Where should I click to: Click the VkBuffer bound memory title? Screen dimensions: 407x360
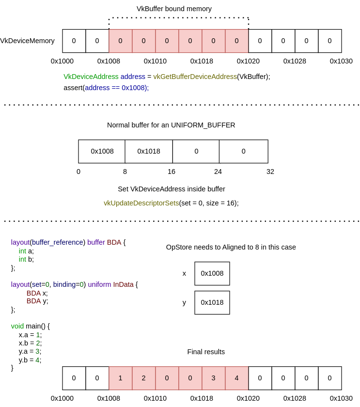coord(174,9)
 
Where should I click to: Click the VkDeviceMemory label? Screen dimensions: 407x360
coord(27,41)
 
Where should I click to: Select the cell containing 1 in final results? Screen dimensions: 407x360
coord(121,378)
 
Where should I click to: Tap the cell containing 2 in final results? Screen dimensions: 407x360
coord(144,378)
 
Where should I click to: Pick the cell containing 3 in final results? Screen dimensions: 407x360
coord(214,378)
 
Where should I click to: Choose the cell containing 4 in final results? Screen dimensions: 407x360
coord(237,378)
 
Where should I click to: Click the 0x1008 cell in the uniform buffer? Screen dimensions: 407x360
coord(102,151)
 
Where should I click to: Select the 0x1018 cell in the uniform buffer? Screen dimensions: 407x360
coord(149,151)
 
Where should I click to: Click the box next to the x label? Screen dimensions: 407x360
coord(212,273)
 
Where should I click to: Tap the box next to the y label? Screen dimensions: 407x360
coord(212,302)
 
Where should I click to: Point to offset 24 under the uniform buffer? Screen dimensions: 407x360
coord(218,172)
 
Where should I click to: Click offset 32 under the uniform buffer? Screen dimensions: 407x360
coord(270,172)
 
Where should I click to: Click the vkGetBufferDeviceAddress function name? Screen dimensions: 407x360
coord(195,77)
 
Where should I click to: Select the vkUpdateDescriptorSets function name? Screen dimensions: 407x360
coord(141,203)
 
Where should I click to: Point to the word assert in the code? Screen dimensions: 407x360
coord(73,88)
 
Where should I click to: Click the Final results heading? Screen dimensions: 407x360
coord(206,352)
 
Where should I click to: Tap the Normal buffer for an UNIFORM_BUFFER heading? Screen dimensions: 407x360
coord(171,125)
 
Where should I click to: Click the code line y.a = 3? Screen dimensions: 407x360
coord(30,351)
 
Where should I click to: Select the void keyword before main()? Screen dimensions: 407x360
coord(17,326)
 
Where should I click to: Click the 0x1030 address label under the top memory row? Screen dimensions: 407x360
coord(341,61)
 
